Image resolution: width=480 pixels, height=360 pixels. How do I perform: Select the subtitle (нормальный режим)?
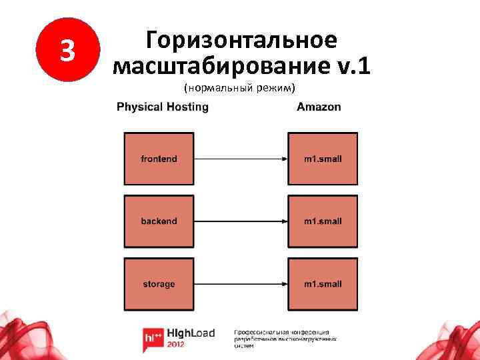(x=240, y=88)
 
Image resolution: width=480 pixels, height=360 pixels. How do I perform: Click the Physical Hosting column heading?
(x=162, y=107)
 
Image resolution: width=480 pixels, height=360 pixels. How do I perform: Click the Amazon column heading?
(x=319, y=107)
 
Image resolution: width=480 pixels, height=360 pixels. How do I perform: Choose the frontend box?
(x=159, y=159)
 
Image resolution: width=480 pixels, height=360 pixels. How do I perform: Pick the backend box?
(x=159, y=221)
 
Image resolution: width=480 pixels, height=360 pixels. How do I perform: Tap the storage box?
(x=159, y=284)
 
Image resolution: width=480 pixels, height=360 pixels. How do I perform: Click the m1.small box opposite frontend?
(x=323, y=159)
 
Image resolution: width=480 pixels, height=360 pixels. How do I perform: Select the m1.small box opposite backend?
(x=323, y=221)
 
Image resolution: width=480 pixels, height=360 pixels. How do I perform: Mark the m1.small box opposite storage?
(x=323, y=284)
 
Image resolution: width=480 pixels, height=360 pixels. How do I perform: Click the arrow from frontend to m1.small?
(x=240, y=159)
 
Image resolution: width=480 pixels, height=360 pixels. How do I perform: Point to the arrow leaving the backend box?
(x=240, y=221)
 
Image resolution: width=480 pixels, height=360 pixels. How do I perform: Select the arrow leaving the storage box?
(x=240, y=284)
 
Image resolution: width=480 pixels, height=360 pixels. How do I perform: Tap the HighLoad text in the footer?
(x=190, y=333)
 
